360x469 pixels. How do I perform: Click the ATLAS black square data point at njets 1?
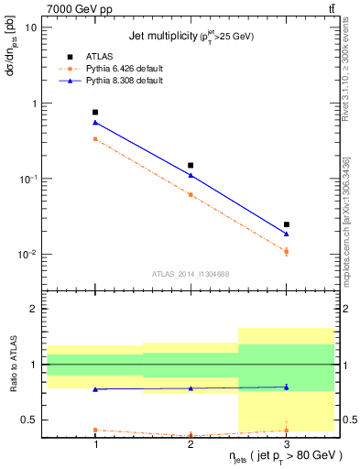(95, 112)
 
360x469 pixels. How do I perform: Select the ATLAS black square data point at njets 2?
(191, 165)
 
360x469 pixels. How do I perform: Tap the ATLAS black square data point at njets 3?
(286, 224)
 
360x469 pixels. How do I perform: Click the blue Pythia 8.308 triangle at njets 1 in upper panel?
(95, 122)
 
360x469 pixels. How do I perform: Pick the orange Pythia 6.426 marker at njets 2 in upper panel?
(191, 194)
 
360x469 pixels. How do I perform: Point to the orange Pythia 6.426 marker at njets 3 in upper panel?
(286, 251)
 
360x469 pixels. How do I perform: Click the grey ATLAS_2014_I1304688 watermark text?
(190, 273)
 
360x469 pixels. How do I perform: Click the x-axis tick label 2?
(191, 442)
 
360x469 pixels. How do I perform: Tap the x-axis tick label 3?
(286, 442)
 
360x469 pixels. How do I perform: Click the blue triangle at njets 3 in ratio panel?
(286, 387)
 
